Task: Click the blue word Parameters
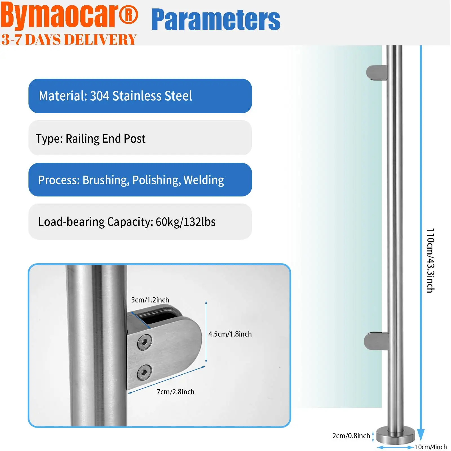click(x=216, y=20)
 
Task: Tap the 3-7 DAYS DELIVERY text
click(x=69, y=39)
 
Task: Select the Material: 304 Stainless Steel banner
click(x=140, y=96)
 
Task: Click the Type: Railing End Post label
click(x=90, y=139)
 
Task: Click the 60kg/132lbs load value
click(x=185, y=222)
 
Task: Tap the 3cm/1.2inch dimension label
click(x=150, y=300)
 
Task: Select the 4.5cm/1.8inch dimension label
click(x=230, y=334)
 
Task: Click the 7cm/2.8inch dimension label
click(x=175, y=392)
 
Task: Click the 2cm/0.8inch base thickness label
click(x=351, y=436)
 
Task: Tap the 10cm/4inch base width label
click(x=431, y=447)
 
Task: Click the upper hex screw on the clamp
click(x=144, y=342)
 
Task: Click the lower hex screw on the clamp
click(x=144, y=372)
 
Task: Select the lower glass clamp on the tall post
click(x=376, y=341)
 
